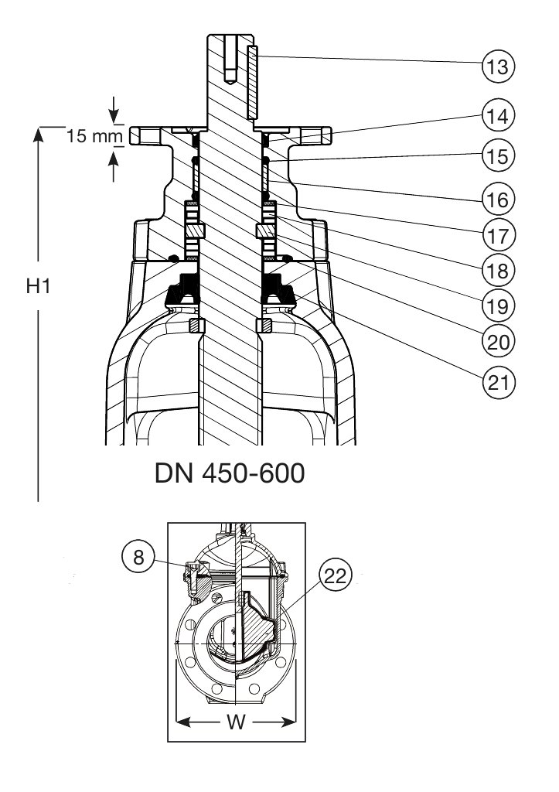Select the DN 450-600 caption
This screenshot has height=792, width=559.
pyautogui.click(x=230, y=473)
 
